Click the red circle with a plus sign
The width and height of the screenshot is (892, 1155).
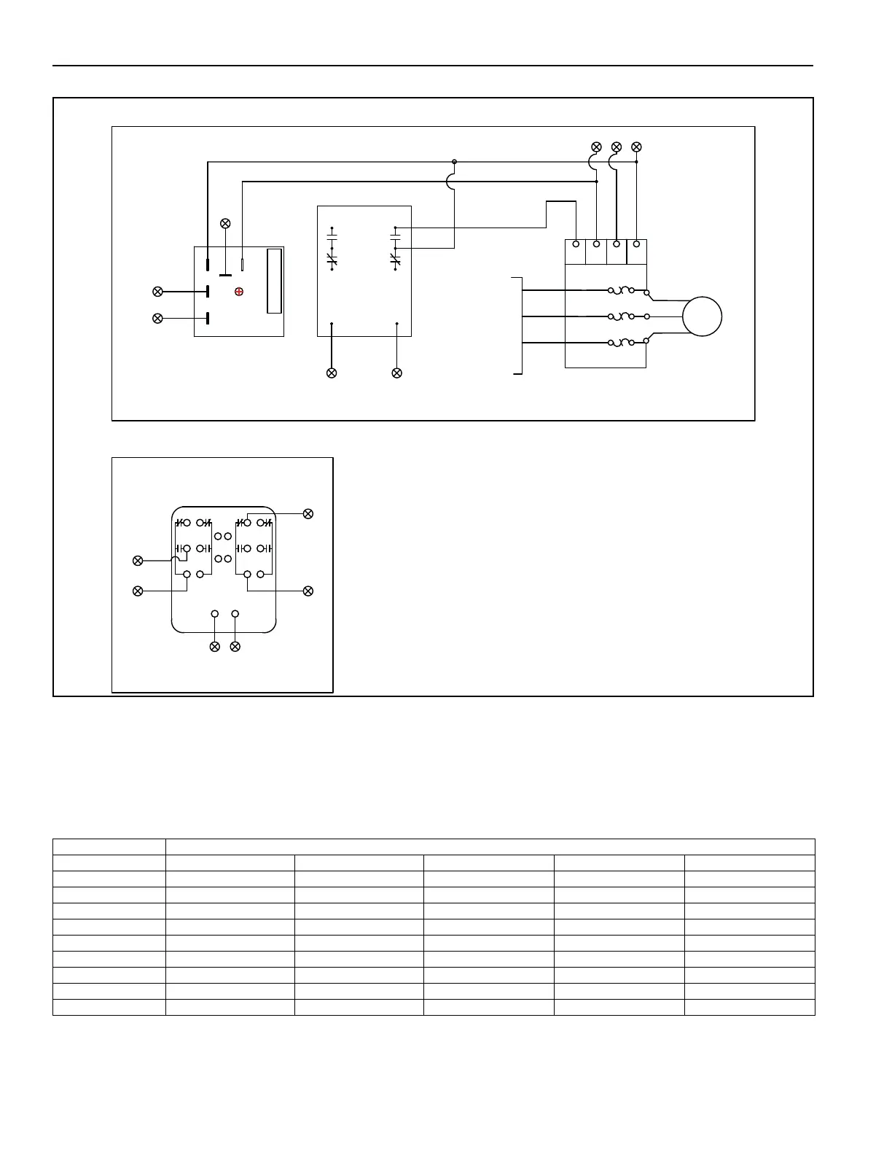pyautogui.click(x=239, y=292)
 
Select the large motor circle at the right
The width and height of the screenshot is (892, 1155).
pyautogui.click(x=702, y=317)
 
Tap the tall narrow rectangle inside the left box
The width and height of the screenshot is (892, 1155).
pyautogui.click(x=274, y=281)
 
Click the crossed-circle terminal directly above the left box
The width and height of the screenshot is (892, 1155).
pyautogui.click(x=225, y=223)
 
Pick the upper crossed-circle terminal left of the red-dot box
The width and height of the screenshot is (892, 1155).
pyautogui.click(x=157, y=292)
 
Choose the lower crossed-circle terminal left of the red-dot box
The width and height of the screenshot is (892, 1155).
pyautogui.click(x=157, y=318)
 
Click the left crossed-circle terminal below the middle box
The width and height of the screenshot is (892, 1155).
pyautogui.click(x=332, y=373)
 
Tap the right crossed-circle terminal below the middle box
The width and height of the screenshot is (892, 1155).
pyautogui.click(x=396, y=373)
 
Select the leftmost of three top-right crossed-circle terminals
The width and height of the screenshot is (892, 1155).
pyautogui.click(x=596, y=147)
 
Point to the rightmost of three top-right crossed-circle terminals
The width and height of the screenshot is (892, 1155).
pyautogui.click(x=636, y=147)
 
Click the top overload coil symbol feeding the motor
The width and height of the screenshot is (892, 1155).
pyautogui.click(x=621, y=290)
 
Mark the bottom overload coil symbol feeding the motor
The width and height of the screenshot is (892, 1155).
pyautogui.click(x=621, y=343)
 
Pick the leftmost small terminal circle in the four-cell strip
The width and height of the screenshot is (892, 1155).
pyautogui.click(x=576, y=244)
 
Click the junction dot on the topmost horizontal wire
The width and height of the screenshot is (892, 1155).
pyautogui.click(x=454, y=162)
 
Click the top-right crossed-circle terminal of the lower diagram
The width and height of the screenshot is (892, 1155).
pyautogui.click(x=308, y=514)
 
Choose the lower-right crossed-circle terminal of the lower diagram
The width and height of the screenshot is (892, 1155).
pyautogui.click(x=308, y=590)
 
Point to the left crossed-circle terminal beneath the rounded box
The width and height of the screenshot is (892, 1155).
pyautogui.click(x=214, y=647)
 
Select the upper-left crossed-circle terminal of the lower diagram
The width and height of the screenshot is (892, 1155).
pyautogui.click(x=137, y=561)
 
